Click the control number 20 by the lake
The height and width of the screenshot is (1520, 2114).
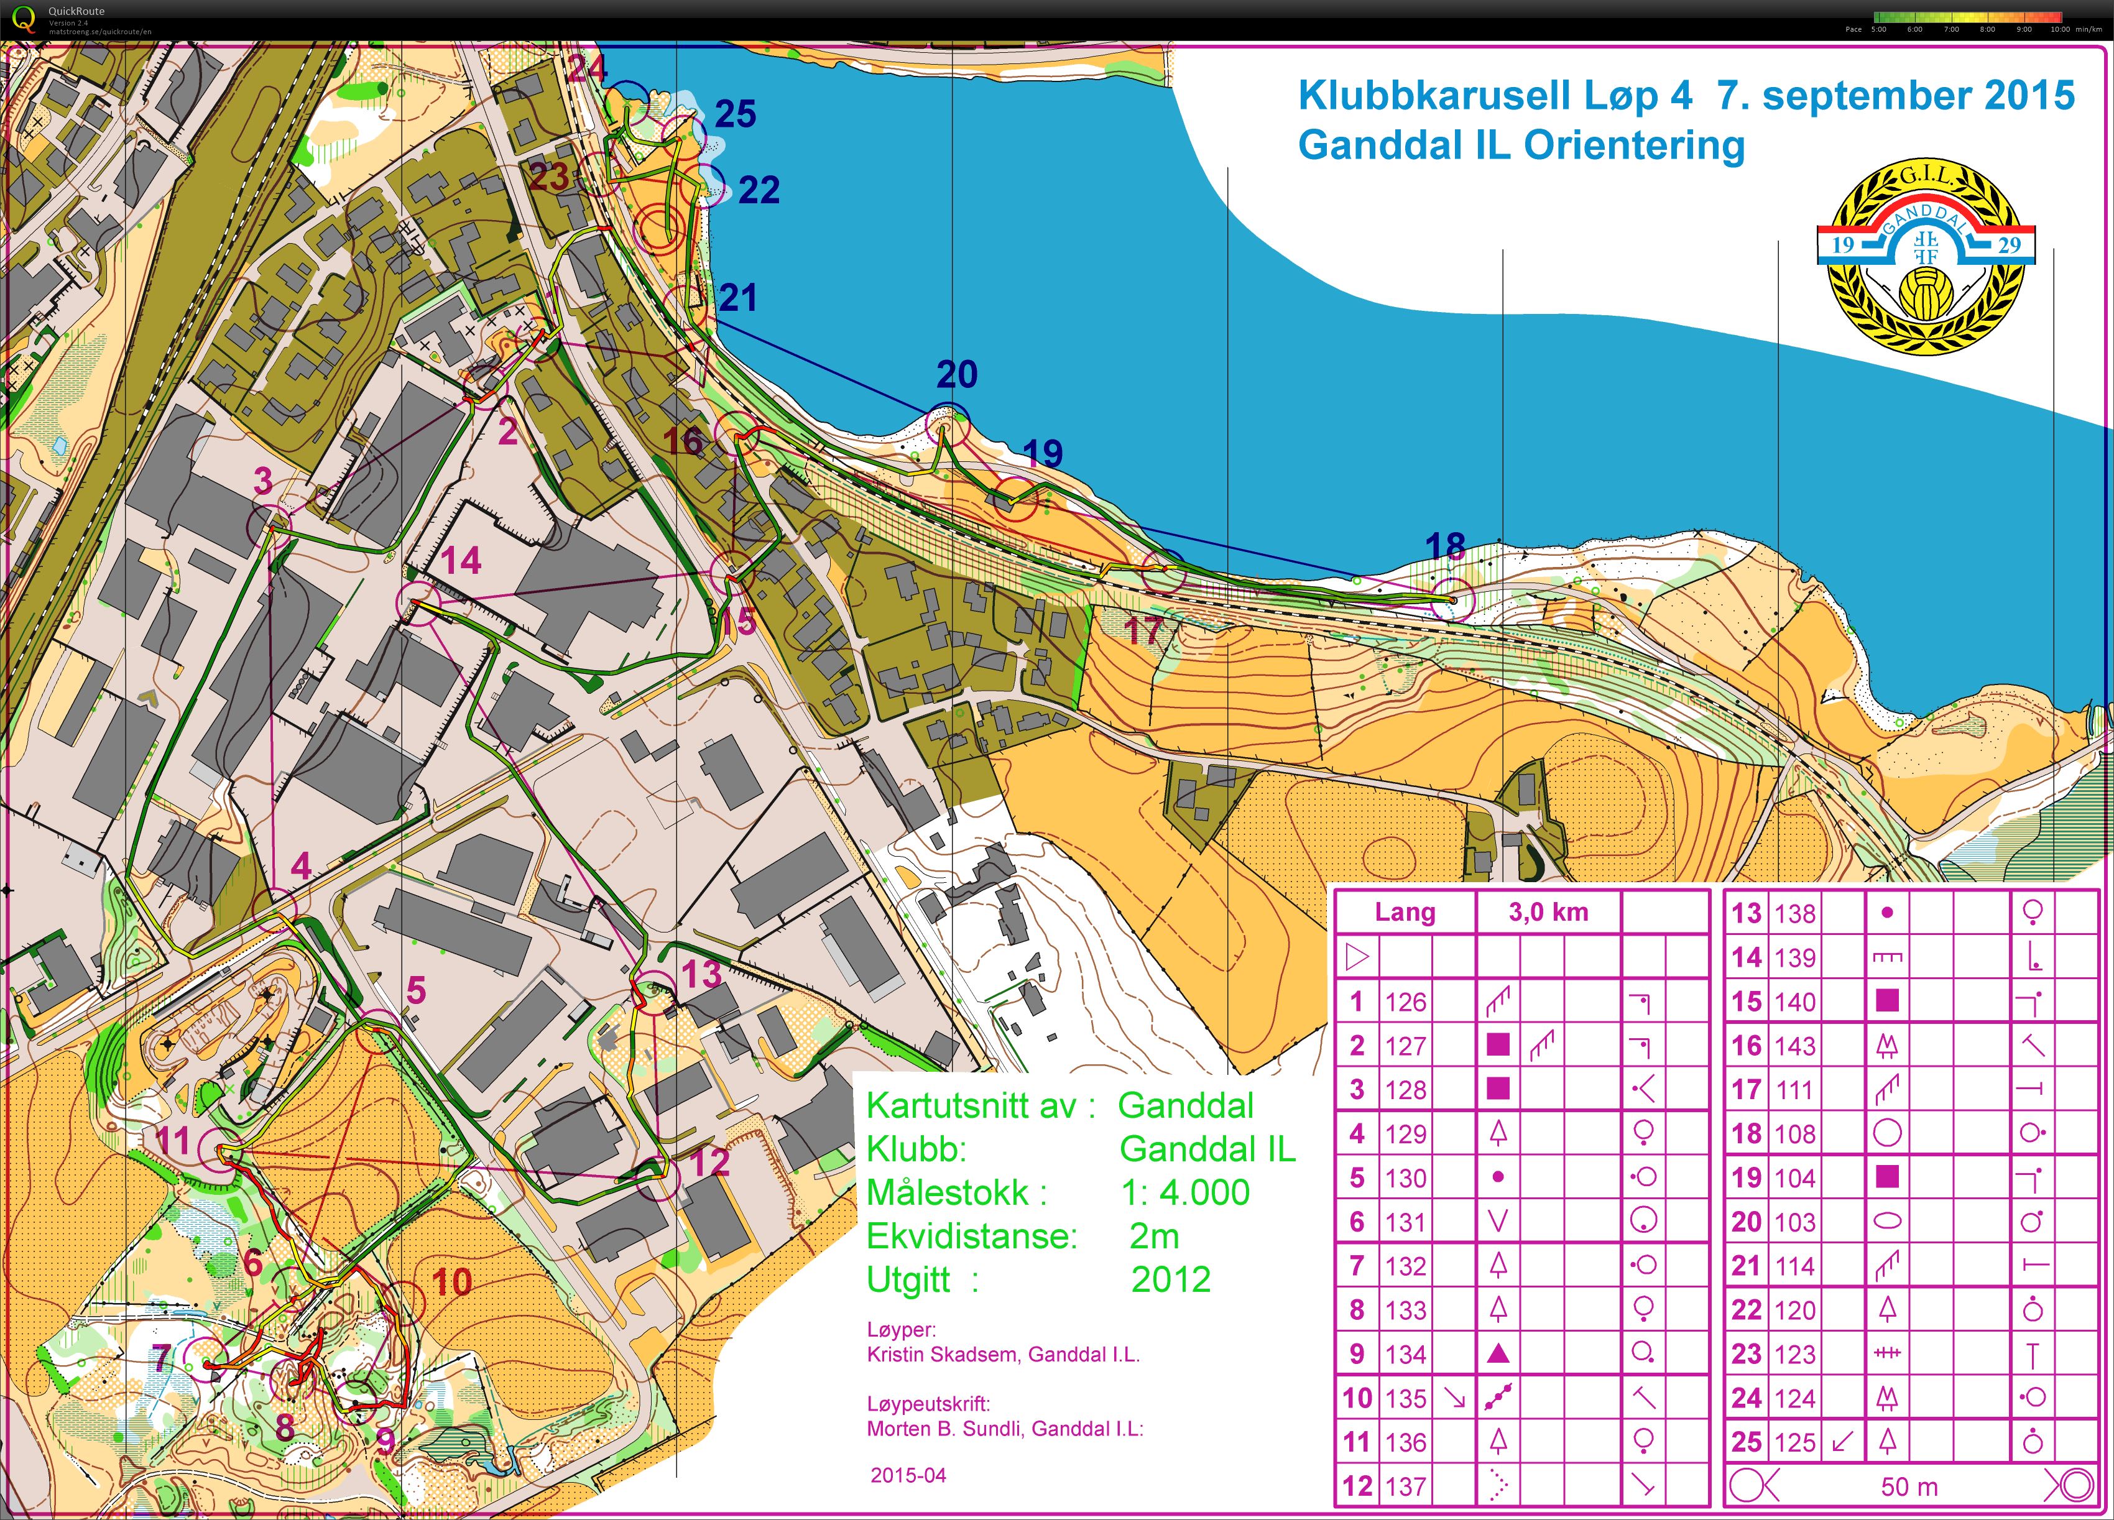(956, 375)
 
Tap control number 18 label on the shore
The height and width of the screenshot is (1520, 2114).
(1445, 546)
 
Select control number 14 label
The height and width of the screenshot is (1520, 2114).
(461, 561)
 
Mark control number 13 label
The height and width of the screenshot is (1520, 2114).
(701, 975)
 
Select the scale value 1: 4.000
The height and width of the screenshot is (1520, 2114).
(1184, 1193)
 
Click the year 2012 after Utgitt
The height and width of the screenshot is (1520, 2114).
(1171, 1279)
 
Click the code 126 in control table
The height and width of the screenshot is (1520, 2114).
(1405, 1002)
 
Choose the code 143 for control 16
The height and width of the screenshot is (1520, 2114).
(1794, 1046)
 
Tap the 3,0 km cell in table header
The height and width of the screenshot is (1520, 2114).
(1548, 913)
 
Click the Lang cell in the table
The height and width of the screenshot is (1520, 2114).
(1405, 913)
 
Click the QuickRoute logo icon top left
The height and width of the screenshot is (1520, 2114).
(23, 19)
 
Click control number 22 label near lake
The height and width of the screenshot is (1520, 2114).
(758, 190)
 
